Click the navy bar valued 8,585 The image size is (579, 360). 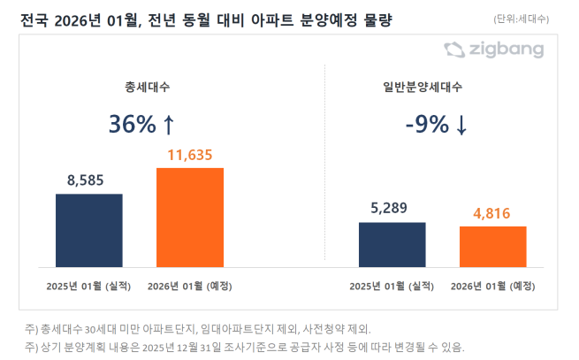[x=89, y=229]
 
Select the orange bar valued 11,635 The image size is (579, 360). [x=190, y=216]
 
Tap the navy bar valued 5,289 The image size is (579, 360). [x=392, y=243]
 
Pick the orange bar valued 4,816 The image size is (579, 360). [x=492, y=245]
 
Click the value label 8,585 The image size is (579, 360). [x=89, y=180]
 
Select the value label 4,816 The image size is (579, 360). [x=492, y=213]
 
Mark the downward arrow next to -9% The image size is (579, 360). [x=461, y=126]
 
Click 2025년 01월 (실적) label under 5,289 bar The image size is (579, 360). [x=392, y=287]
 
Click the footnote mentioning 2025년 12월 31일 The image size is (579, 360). [x=243, y=346]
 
